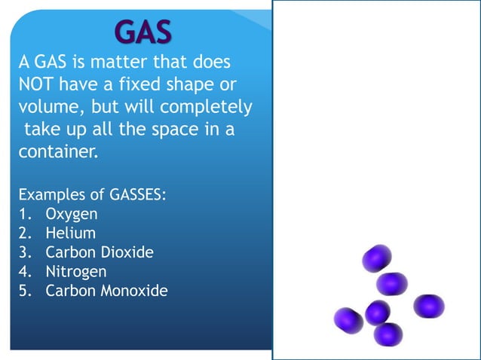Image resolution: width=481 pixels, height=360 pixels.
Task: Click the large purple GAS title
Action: [143, 32]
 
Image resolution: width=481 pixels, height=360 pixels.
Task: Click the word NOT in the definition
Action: [32, 83]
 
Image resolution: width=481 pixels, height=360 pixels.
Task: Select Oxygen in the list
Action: [72, 215]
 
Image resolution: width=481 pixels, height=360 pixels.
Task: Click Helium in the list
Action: [71, 233]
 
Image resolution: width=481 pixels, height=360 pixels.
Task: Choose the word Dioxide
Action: [125, 252]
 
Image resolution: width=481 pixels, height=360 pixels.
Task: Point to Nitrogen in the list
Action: [76, 271]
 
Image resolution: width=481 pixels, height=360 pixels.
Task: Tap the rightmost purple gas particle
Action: [428, 306]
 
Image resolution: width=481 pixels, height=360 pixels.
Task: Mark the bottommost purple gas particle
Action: [388, 334]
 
